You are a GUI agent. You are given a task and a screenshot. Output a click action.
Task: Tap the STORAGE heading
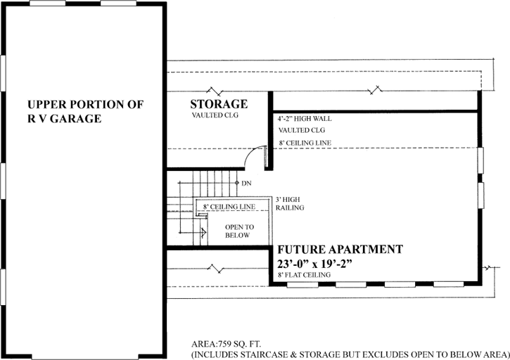(x=218, y=104)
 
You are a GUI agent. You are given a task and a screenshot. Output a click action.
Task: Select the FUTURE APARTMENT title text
(x=340, y=250)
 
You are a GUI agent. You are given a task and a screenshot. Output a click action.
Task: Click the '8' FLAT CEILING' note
(x=305, y=275)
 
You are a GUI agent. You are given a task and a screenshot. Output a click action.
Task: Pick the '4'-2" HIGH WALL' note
(x=305, y=118)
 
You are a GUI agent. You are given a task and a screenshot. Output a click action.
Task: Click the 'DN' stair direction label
(x=246, y=183)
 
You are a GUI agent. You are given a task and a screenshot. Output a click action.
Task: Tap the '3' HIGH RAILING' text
(x=290, y=203)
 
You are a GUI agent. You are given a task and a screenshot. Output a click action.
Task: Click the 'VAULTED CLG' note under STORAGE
(x=215, y=115)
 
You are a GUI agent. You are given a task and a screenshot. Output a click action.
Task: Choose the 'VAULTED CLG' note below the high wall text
(x=300, y=131)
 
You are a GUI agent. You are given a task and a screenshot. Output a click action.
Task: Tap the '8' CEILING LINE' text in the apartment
(x=305, y=143)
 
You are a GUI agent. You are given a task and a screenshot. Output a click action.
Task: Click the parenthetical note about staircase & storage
(x=350, y=355)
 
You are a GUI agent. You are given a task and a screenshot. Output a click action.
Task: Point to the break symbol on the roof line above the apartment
(x=377, y=90)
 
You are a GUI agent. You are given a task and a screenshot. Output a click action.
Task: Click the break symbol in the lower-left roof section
(x=215, y=267)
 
